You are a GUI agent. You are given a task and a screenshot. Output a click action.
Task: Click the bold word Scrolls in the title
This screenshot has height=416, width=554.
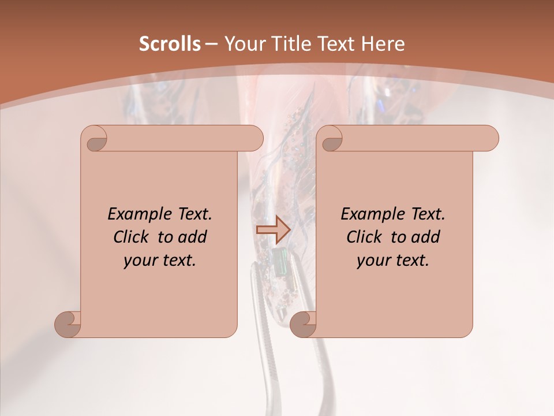pyautogui.click(x=170, y=44)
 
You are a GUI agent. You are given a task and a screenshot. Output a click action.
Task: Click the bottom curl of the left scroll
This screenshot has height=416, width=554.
pyautogui.click(x=68, y=324)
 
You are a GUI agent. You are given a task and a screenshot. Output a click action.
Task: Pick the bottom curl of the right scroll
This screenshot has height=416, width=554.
pyautogui.click(x=303, y=324)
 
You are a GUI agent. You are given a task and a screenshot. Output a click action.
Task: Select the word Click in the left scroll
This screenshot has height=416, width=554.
pyautogui.click(x=132, y=237)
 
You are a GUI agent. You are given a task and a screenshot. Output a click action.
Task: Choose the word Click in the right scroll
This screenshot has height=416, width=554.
pyautogui.click(x=365, y=237)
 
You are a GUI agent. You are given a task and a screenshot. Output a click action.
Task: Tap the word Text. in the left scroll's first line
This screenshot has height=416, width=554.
pyautogui.click(x=192, y=214)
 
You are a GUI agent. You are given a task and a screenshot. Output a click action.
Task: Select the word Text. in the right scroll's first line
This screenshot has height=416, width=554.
pyautogui.click(x=425, y=214)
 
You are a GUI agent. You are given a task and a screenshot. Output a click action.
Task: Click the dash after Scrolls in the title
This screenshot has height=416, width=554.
pyautogui.click(x=212, y=44)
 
